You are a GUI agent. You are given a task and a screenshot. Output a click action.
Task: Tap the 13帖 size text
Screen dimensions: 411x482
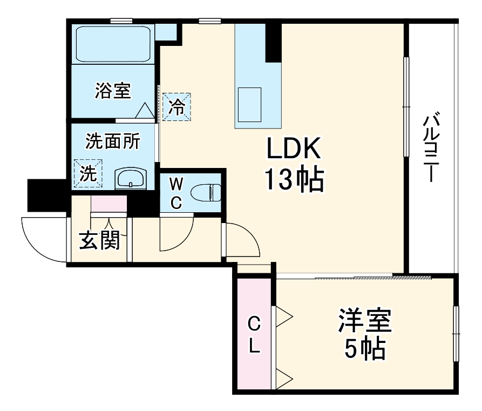[x=294, y=180]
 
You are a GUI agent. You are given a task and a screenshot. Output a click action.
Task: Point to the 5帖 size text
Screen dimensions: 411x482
[x=365, y=350]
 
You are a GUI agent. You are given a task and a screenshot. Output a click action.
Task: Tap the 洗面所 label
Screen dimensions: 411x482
[x=113, y=142]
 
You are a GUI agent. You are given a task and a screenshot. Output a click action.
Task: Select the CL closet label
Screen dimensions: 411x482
[x=254, y=335]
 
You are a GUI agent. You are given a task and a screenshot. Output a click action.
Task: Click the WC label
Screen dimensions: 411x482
[x=176, y=193]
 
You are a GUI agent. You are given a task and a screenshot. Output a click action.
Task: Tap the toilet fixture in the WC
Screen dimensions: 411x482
[x=207, y=192]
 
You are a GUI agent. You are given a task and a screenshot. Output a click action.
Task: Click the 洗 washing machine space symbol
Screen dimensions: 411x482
[x=87, y=173]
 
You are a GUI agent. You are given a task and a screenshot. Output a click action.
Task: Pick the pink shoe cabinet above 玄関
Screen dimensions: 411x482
[x=108, y=204]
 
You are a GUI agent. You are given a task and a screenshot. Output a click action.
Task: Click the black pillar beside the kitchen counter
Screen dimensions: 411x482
[x=274, y=42]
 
